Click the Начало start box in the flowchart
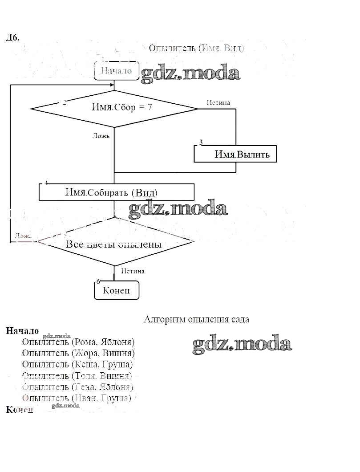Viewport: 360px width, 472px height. pos(116,71)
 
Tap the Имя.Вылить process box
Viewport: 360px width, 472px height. pos(235,154)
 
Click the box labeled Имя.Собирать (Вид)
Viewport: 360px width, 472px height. pos(117,192)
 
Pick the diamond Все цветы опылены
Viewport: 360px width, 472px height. pos(114,244)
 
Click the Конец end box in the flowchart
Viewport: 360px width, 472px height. pos(117,290)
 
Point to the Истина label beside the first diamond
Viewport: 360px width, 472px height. pos(218,102)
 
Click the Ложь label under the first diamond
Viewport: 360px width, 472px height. pos(101,135)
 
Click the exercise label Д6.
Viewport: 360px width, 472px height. pos(12,38)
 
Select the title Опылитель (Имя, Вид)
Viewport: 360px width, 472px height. pos(196,48)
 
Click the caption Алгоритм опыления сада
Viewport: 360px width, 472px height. pos(197,319)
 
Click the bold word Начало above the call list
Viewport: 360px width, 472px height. pos(22,331)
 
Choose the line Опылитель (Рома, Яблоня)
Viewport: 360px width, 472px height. pos(78,342)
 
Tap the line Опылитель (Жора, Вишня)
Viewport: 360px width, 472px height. pos(78,353)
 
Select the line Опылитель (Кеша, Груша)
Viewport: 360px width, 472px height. pos(77,364)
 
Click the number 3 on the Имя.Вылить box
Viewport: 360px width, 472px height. pos(201,142)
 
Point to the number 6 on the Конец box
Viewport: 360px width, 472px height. pos(98,281)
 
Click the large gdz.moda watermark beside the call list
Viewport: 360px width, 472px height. pos(242,344)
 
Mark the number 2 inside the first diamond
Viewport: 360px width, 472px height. pos(65,103)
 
